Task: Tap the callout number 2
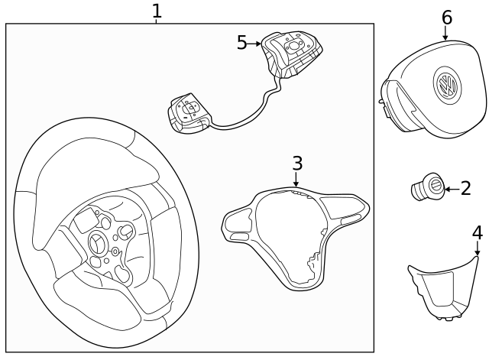tap(465, 188)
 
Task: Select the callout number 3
tap(297, 163)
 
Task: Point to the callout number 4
tap(477, 232)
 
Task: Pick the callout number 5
tap(242, 43)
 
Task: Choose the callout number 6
tap(447, 17)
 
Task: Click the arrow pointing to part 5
tap(255, 44)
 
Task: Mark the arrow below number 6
tap(446, 33)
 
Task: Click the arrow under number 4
tap(477, 249)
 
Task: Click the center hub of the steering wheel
tap(99, 242)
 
